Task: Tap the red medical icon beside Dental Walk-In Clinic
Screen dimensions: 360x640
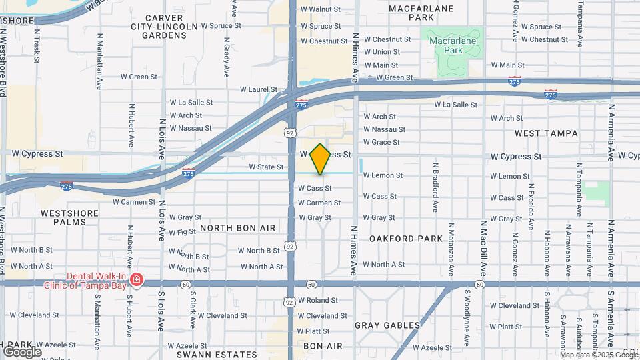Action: pyautogui.click(x=137, y=278)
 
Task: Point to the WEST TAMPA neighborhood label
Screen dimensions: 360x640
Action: pyautogui.click(x=546, y=133)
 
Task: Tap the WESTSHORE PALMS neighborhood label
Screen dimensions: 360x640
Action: pyautogui.click(x=69, y=217)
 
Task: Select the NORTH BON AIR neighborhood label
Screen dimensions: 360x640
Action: pyautogui.click(x=238, y=228)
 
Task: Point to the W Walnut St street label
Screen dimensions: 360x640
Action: pyautogui.click(x=320, y=10)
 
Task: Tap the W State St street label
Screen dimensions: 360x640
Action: pyautogui.click(x=267, y=167)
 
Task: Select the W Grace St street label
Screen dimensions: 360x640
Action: pyautogui.click(x=381, y=142)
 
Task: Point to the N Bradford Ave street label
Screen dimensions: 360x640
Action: pyautogui.click(x=435, y=187)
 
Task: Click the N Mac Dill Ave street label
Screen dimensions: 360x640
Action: pyautogui.click(x=483, y=247)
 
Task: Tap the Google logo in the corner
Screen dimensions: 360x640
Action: pyautogui.click(x=22, y=351)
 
